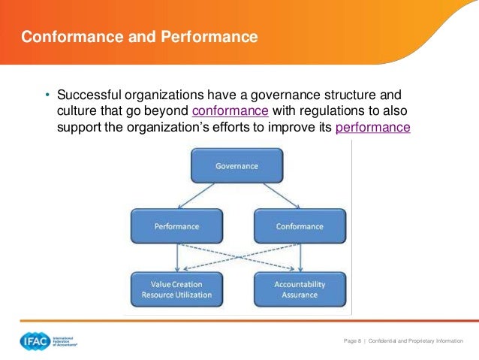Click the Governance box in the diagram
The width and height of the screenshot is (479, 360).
point(236,166)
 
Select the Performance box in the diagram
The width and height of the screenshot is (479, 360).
point(176,226)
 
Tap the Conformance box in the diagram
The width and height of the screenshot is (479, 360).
point(300,226)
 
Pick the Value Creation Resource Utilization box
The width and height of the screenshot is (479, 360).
point(176,289)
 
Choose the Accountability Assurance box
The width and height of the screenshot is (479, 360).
point(300,289)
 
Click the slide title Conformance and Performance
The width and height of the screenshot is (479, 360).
point(139,36)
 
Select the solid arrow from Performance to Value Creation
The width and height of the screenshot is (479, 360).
point(176,257)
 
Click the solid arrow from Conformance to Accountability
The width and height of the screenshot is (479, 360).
point(300,257)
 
